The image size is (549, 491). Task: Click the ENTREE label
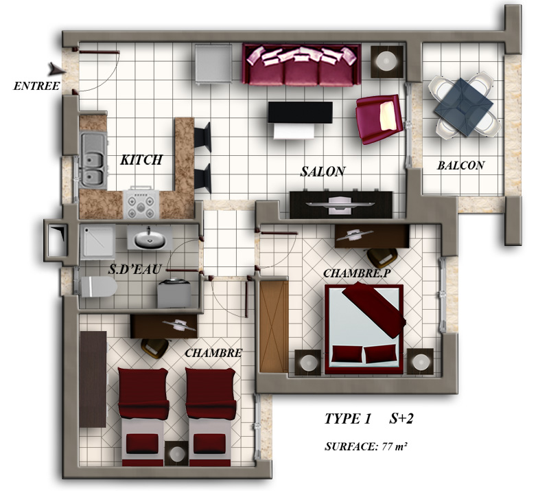[36, 86]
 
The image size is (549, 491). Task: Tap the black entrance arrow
[58, 69]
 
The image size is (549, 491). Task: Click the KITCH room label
[141, 160]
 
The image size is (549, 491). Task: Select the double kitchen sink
[93, 160]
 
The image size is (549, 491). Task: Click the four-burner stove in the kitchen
[141, 204]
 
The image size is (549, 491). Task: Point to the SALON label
[323, 172]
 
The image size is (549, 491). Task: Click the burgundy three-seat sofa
[301, 65]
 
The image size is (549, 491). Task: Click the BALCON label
[460, 165]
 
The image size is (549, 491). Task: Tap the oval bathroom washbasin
[150, 239]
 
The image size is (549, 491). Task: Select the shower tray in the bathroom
[97, 242]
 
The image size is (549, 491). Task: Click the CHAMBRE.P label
[356, 273]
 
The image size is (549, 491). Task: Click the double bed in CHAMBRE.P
[364, 329]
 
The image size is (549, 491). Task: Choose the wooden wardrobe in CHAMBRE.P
[274, 326]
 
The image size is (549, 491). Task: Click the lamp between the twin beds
[176, 453]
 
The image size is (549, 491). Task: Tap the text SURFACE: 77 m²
[366, 446]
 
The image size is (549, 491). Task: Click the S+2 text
[401, 418]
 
